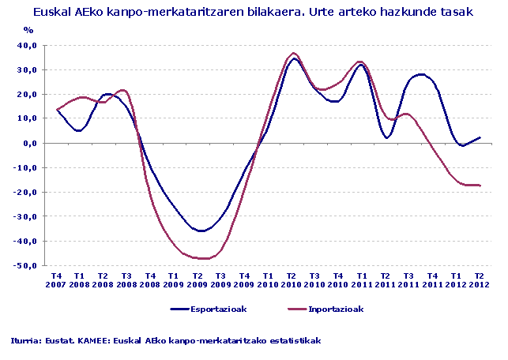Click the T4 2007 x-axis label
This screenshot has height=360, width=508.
(x=57, y=280)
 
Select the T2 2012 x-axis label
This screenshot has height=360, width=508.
(x=478, y=280)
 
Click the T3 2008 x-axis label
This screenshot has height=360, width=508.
(x=126, y=280)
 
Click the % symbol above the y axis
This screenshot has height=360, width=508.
(x=28, y=29)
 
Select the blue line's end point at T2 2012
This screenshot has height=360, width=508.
(x=479, y=138)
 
